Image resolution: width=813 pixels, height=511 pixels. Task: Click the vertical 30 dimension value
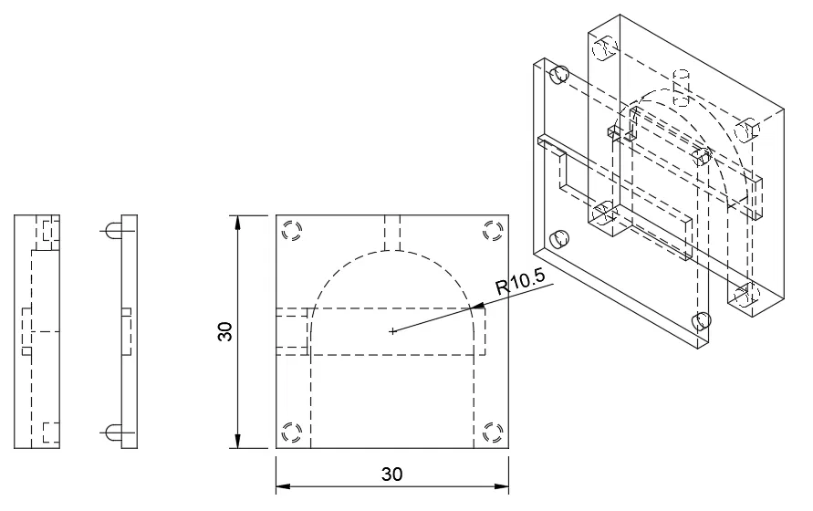click(225, 331)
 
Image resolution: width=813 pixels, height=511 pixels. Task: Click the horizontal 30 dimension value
click(392, 474)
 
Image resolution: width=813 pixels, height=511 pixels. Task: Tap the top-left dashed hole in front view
click(293, 231)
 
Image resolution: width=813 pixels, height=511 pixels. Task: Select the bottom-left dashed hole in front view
click(293, 432)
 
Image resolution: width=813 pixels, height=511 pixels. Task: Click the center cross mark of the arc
click(392, 330)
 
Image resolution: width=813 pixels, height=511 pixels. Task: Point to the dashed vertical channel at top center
click(393, 233)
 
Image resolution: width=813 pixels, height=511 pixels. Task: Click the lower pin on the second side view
click(112, 433)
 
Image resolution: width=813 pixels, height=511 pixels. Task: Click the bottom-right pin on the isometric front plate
click(702, 320)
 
